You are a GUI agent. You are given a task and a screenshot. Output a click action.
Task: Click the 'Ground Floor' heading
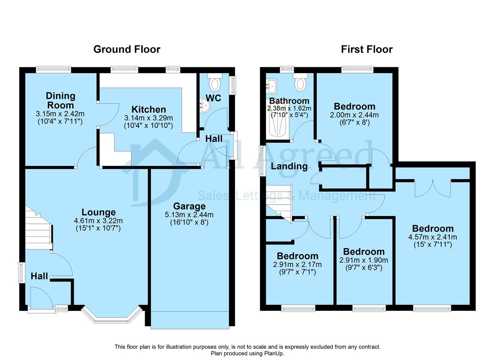(x=127, y=49)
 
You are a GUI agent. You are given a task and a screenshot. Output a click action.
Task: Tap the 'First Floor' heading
(x=367, y=49)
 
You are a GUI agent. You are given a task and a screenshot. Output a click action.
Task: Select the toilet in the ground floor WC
(x=215, y=82)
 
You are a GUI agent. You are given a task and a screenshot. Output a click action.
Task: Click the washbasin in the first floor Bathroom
(x=271, y=86)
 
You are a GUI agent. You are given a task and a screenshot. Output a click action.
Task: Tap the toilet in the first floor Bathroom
(x=300, y=82)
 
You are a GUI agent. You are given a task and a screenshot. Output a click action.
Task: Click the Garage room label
(x=189, y=206)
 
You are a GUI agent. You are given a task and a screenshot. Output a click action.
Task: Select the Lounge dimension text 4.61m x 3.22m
(x=98, y=220)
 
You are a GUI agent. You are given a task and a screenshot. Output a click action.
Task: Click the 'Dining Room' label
(x=61, y=101)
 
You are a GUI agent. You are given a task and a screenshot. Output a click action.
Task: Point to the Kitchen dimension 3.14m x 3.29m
(x=148, y=118)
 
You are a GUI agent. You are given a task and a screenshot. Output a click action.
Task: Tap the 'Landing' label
(x=289, y=167)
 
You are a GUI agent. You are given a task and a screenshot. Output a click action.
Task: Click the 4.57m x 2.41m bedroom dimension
(x=432, y=237)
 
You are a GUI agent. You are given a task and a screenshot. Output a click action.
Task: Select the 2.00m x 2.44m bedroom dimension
(x=354, y=115)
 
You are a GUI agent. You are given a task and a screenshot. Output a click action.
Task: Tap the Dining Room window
(x=53, y=70)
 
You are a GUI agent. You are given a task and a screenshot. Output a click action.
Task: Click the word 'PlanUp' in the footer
(x=274, y=353)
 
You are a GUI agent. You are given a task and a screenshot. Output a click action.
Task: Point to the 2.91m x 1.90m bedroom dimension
(x=364, y=260)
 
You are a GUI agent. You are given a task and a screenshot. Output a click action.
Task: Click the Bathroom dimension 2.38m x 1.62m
(x=289, y=108)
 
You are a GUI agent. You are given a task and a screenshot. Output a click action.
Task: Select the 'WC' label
(x=213, y=98)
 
